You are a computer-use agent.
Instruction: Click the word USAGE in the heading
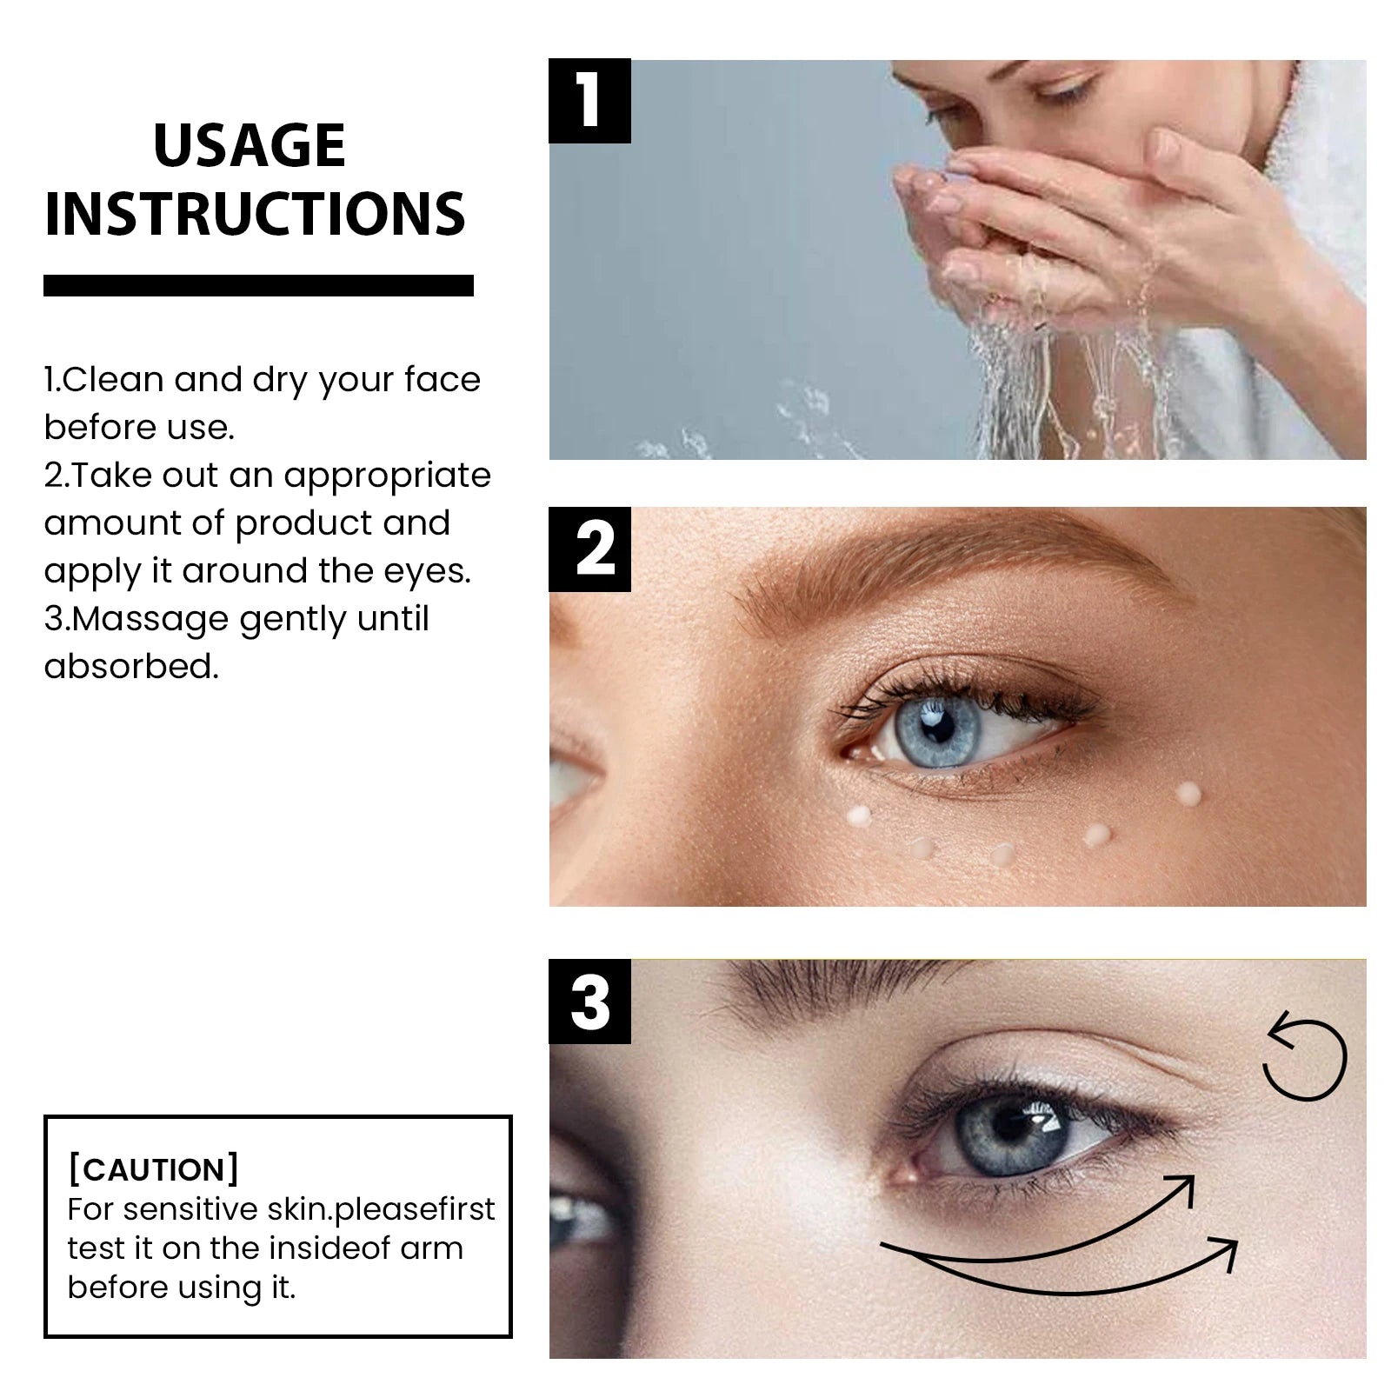click(250, 145)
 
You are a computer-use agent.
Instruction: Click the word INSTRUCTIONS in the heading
click(255, 214)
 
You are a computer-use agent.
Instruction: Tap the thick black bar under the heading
click(258, 285)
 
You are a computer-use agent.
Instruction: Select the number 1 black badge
click(589, 101)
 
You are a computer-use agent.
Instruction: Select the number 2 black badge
click(589, 549)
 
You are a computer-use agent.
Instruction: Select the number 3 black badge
click(589, 1002)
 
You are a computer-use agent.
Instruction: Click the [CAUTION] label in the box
click(153, 1169)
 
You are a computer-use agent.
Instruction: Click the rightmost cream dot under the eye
click(1188, 792)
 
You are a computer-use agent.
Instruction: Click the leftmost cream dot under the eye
click(859, 815)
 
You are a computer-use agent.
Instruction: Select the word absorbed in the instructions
click(130, 667)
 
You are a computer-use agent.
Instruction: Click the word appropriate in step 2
click(388, 476)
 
